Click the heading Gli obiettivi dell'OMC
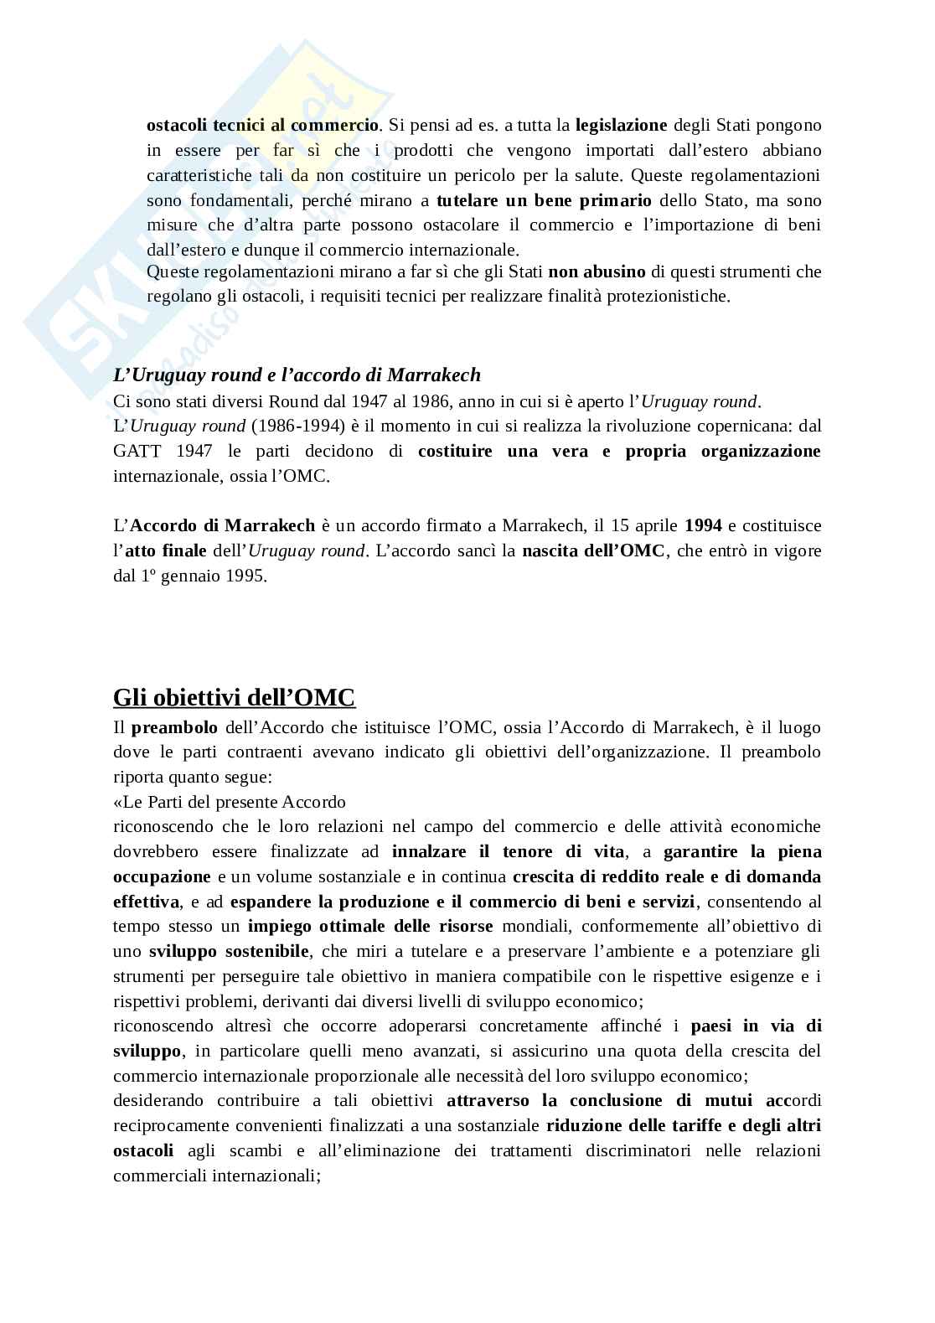pyautogui.click(x=234, y=698)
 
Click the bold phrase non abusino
pyautogui.click(x=597, y=271)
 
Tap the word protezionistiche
pyautogui.click(x=660, y=297)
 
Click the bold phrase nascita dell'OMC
pyautogui.click(x=593, y=551)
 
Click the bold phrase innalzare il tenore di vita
pyautogui.click(x=508, y=851)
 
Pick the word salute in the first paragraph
pyautogui.click(x=596, y=176)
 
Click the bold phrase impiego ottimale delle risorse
pyautogui.click(x=370, y=926)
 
